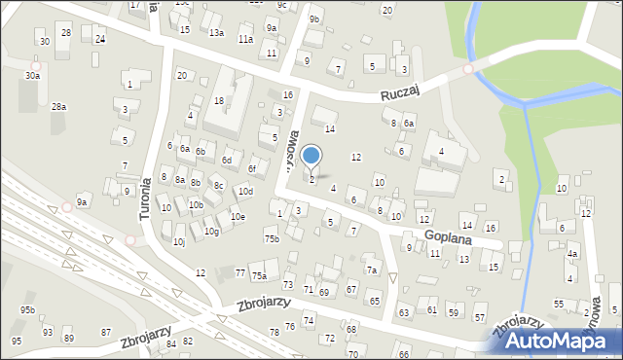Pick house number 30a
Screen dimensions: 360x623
[x=32, y=75]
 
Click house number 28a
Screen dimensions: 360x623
[x=58, y=106]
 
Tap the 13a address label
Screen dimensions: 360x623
[x=216, y=32]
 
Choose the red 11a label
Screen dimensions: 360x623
[x=246, y=39]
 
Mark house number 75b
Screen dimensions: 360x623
[x=272, y=238]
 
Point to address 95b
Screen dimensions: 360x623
[x=27, y=310]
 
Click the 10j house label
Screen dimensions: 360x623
[x=178, y=241]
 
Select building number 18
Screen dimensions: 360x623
[x=219, y=100]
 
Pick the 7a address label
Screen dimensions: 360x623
[x=372, y=270]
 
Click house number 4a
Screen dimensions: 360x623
[x=572, y=254]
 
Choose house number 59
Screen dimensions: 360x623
[x=453, y=310]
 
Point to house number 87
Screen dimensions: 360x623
[x=106, y=333]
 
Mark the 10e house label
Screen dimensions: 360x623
[x=237, y=216]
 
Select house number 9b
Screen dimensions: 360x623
[x=313, y=18]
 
